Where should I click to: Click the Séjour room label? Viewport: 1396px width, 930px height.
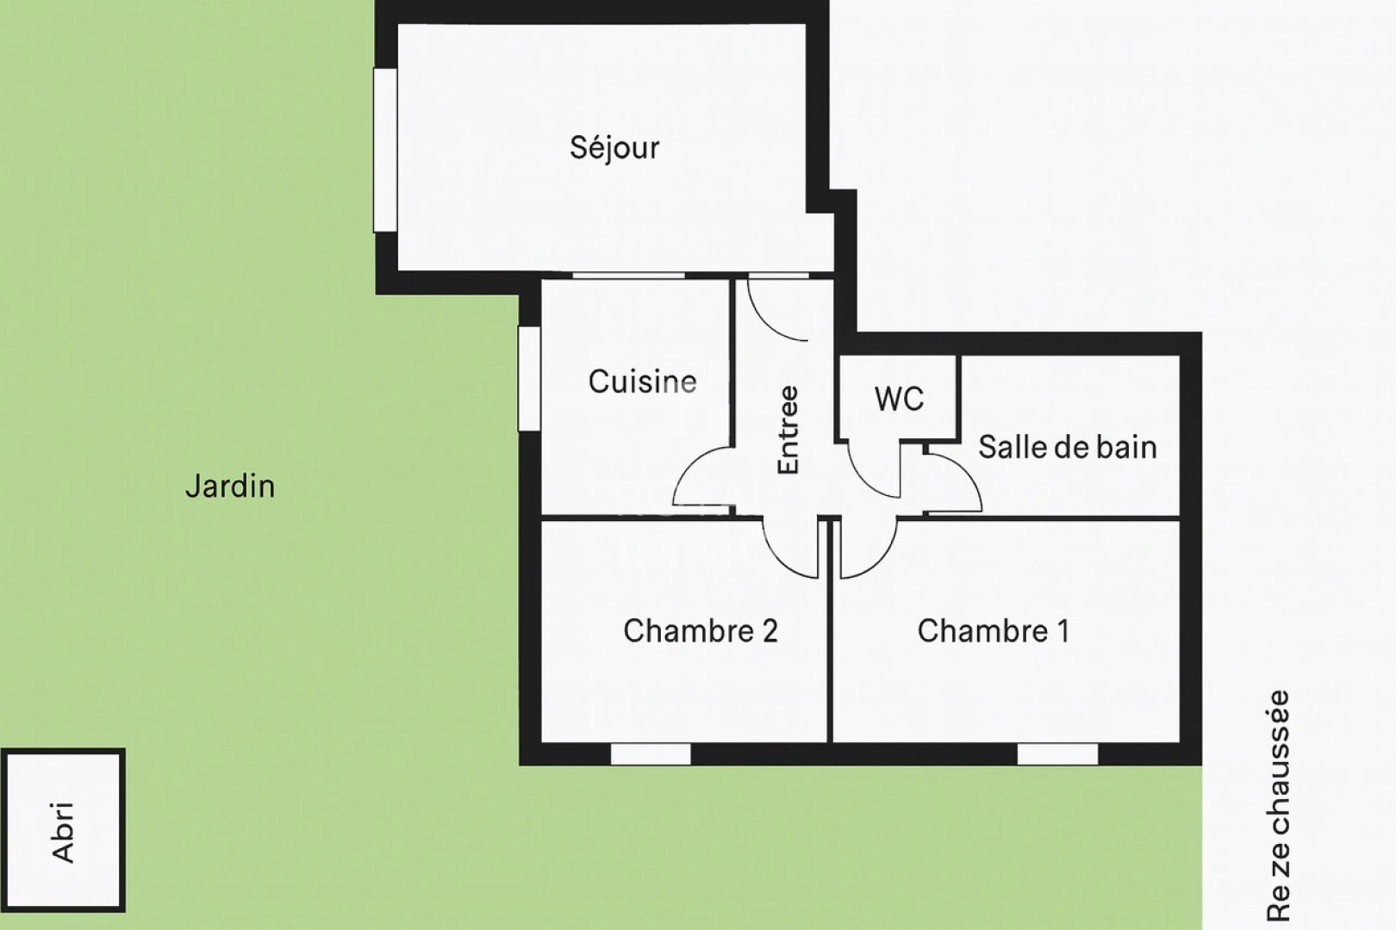click(x=614, y=148)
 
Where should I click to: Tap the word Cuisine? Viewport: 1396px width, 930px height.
click(x=642, y=381)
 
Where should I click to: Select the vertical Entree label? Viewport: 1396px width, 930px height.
click(x=788, y=430)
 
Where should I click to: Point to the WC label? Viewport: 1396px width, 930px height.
click(x=899, y=399)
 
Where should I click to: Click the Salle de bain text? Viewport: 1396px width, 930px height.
click(x=1067, y=447)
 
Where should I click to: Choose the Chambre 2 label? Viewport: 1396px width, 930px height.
click(x=700, y=631)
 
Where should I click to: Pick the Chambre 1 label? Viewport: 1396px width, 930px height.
click(x=993, y=631)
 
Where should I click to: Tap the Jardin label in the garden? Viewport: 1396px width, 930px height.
click(x=230, y=487)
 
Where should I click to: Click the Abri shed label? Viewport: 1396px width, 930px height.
click(x=63, y=832)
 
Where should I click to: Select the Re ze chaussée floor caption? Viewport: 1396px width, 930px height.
click(x=1279, y=805)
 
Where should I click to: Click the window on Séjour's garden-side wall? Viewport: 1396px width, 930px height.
click(x=384, y=150)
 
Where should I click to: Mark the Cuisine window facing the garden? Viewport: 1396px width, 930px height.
click(x=528, y=378)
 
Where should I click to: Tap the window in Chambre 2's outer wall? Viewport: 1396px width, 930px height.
click(x=651, y=754)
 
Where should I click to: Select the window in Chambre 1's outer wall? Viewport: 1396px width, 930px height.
click(x=1057, y=754)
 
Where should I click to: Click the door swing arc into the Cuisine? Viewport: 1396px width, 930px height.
click(x=700, y=478)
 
